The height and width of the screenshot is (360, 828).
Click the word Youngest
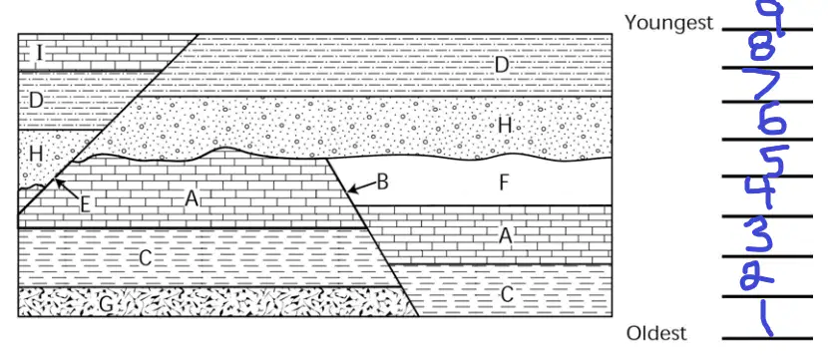point(668,23)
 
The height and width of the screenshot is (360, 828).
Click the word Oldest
point(656,334)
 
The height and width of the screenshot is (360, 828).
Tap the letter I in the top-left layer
point(38,52)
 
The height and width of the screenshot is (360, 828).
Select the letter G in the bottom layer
point(106,303)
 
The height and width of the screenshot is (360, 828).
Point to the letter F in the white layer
point(504,182)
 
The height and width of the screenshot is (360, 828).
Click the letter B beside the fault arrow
point(383,182)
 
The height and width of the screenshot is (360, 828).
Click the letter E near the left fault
point(85,204)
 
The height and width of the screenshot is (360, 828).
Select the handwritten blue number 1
point(763,316)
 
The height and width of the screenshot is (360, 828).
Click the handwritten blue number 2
point(757,276)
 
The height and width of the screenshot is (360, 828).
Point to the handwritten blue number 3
point(759,237)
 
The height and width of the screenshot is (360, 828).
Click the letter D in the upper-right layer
point(501,66)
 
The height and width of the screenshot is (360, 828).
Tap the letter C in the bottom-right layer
point(507,295)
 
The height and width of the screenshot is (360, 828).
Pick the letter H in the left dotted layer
point(36,155)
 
